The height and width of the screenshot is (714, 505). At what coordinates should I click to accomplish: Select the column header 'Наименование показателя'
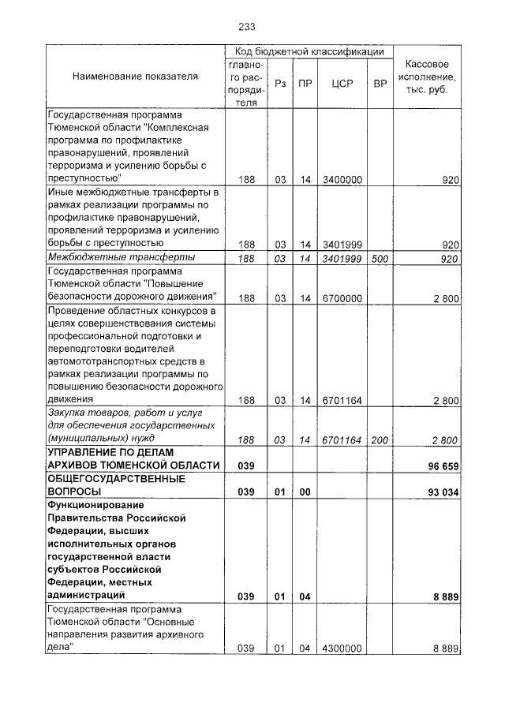(x=135, y=77)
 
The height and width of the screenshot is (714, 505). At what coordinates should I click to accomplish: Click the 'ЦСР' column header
(x=342, y=83)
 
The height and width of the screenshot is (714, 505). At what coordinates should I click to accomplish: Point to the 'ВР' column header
(x=380, y=83)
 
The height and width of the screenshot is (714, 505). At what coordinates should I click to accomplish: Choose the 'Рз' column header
(x=280, y=83)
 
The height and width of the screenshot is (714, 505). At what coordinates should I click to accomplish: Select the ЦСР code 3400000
(x=342, y=180)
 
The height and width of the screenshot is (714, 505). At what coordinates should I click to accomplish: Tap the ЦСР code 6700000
(x=342, y=297)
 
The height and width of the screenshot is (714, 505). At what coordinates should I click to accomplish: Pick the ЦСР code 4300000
(x=342, y=648)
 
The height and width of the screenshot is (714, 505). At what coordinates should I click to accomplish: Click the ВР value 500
(x=380, y=258)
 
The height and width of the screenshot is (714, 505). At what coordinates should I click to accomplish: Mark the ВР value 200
(x=380, y=439)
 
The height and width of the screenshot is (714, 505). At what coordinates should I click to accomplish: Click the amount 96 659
(x=443, y=465)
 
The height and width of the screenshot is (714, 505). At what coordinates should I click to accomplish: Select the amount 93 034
(x=443, y=492)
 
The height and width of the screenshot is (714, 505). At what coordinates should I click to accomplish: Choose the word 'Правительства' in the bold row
(x=83, y=518)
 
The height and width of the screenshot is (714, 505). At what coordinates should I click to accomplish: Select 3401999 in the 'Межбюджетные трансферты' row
(x=342, y=258)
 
